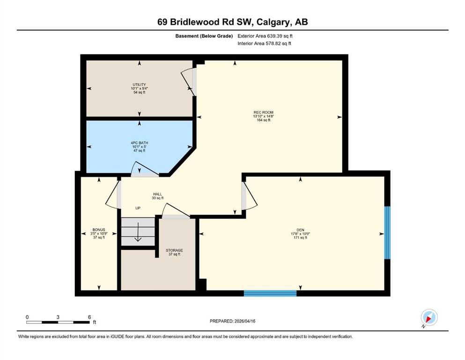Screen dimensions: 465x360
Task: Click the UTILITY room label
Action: tap(139, 84)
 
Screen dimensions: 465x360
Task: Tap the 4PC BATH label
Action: tap(139, 143)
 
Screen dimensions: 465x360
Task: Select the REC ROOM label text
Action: tap(263, 112)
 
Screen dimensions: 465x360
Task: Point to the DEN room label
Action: tap(301, 230)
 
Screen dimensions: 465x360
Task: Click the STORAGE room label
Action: tap(174, 250)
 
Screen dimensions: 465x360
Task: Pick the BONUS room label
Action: tap(99, 230)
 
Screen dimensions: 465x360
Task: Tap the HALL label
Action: tap(157, 194)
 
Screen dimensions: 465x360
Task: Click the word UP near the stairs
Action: tap(138, 208)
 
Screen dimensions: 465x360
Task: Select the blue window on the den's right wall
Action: tap(387, 232)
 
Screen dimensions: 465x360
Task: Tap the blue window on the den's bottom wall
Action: tap(270, 293)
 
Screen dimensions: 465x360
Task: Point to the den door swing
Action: tap(250, 196)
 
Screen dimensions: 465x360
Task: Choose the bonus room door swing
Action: tap(113, 195)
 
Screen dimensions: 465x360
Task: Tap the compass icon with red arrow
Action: tap(429, 317)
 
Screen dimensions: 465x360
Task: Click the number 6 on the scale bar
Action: tap(89, 317)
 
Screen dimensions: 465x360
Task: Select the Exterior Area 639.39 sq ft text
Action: tap(265, 36)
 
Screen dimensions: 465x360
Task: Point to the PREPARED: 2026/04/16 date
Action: tap(232, 321)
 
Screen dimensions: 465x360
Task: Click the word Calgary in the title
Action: tap(273, 22)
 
